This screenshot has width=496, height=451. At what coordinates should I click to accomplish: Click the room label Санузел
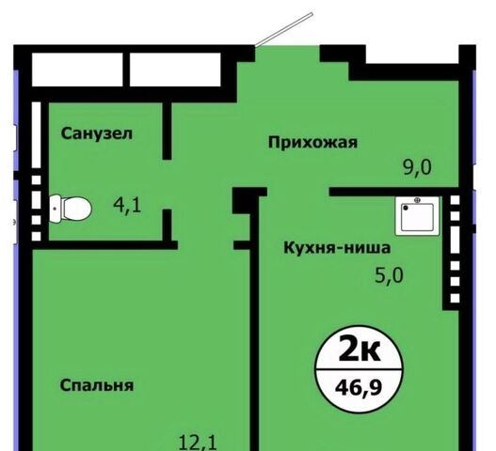(97, 133)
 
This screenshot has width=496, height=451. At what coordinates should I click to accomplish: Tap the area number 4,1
(127, 205)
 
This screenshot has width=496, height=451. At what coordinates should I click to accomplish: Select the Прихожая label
(312, 143)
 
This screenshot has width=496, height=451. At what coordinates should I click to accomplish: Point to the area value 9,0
(417, 167)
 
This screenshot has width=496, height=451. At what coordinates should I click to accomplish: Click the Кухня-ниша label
(337, 248)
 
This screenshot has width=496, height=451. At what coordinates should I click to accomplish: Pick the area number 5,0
(389, 275)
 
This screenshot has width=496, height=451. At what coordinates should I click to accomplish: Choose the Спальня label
(97, 385)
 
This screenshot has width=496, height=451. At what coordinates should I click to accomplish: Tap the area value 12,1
(198, 443)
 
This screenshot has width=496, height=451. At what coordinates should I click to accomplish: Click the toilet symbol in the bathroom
(71, 209)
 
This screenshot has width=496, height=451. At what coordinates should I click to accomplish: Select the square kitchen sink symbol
(417, 216)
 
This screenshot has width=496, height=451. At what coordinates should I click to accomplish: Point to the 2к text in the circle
(359, 350)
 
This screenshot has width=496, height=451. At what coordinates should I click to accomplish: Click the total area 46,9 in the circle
(359, 387)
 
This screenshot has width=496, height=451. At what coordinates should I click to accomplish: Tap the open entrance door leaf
(284, 30)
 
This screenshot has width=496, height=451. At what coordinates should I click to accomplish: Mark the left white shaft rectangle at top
(77, 70)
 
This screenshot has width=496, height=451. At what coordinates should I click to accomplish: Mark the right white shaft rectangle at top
(175, 70)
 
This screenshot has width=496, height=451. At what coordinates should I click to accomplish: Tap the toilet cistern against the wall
(55, 209)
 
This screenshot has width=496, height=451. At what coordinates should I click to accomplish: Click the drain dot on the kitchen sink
(406, 208)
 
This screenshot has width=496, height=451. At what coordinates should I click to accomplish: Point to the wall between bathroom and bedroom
(105, 245)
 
